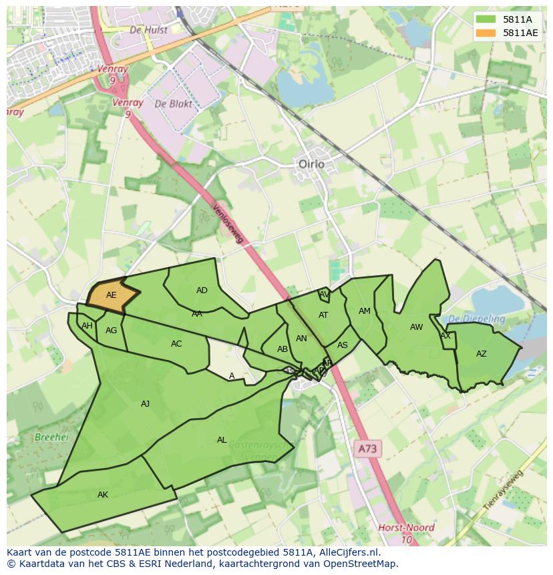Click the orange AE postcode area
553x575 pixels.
click(x=112, y=295)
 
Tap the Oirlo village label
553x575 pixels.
click(x=311, y=164)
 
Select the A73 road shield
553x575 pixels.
click(x=367, y=449)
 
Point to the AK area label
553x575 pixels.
click(x=103, y=495)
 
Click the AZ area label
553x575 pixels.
click(x=482, y=354)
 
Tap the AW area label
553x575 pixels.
click(x=416, y=327)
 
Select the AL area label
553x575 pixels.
click(x=222, y=440)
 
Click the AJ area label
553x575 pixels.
click(x=146, y=403)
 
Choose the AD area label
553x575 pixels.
click(x=202, y=291)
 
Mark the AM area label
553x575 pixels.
click(x=364, y=311)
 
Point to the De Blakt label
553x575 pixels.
click(x=173, y=104)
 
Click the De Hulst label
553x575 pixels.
click(x=148, y=29)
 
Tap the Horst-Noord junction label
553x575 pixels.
click(x=406, y=528)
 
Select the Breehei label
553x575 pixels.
click(x=51, y=437)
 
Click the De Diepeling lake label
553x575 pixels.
click(x=476, y=319)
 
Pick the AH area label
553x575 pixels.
click(x=87, y=326)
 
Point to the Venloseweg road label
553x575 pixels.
click(x=228, y=224)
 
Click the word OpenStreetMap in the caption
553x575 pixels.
click(x=362, y=564)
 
